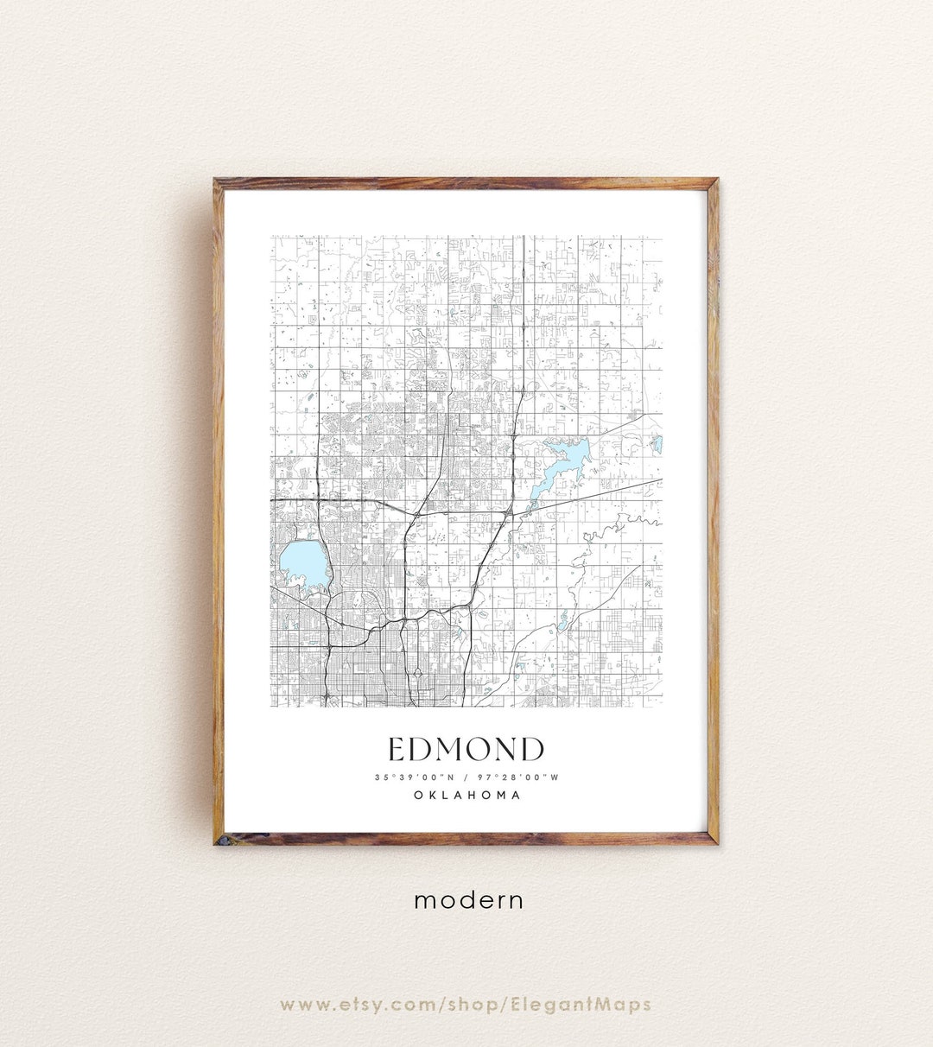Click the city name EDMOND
(466, 749)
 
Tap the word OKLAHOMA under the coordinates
(466, 795)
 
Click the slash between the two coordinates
(466, 777)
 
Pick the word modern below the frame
(468, 900)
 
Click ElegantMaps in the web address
(593, 1005)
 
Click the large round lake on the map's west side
(302, 565)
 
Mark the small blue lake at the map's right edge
(658, 445)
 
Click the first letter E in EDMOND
(397, 749)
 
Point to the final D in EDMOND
(533, 749)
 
